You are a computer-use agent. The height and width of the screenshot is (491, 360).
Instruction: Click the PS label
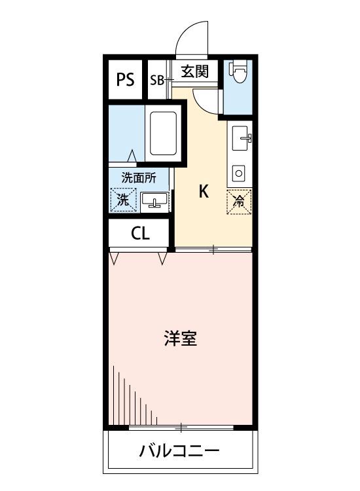[x=125, y=80]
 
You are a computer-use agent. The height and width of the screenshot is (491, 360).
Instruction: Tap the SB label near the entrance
[x=157, y=81]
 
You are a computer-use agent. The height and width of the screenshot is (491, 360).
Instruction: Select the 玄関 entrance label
[x=195, y=71]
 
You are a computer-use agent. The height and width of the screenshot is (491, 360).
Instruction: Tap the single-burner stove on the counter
[x=239, y=173]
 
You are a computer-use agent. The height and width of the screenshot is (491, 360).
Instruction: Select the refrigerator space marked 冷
[x=239, y=202]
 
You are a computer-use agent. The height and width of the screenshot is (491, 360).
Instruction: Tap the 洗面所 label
[x=139, y=177]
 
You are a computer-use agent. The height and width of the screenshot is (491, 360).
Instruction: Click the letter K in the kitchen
[x=204, y=192]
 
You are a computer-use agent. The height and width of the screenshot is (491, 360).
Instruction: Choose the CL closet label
[x=140, y=233]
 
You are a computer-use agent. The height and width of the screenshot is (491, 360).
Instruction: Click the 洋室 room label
[x=180, y=338]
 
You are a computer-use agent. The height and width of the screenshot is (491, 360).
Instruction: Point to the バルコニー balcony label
[x=179, y=451]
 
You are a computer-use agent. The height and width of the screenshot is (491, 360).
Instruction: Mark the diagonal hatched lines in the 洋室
[x=131, y=399]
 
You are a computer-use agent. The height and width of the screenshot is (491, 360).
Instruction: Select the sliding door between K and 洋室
[x=213, y=249]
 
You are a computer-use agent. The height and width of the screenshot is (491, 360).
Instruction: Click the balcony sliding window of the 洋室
[x=181, y=427]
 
